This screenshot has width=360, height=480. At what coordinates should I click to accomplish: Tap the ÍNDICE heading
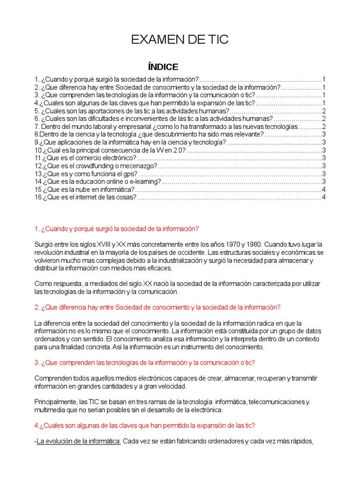(x=163, y=67)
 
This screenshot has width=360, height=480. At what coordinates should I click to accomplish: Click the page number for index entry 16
(x=323, y=197)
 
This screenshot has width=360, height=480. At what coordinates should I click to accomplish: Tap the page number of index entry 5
(x=323, y=111)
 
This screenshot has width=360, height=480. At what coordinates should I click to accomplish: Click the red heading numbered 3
(x=145, y=363)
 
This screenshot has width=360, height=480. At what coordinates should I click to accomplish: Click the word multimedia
(x=50, y=410)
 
